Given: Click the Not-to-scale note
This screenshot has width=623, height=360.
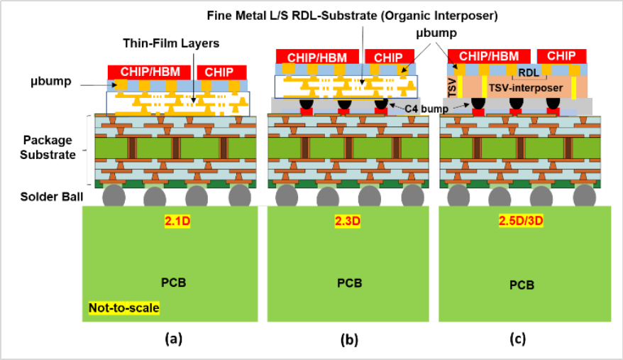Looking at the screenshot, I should point(124,308).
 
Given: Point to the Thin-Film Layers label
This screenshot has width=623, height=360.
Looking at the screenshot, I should point(180,43).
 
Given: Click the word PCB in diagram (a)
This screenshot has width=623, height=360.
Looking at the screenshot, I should point(174,282).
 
